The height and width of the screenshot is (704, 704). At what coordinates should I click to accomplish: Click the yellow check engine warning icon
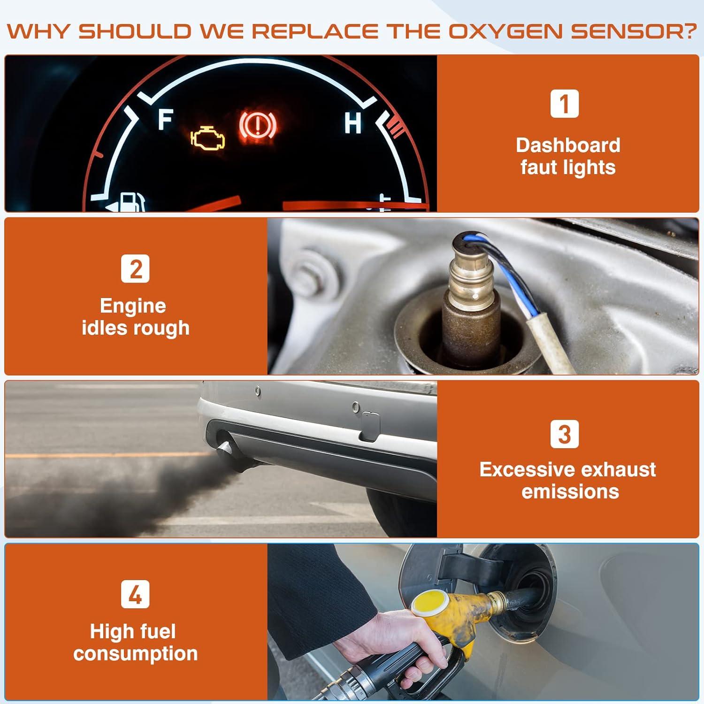click(207, 139)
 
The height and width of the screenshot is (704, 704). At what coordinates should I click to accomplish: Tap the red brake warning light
click(258, 125)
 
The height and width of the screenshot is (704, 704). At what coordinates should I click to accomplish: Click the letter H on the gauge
click(352, 123)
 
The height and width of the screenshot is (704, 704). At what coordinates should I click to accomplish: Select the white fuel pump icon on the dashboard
click(131, 202)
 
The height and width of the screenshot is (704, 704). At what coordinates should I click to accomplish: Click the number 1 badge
click(564, 104)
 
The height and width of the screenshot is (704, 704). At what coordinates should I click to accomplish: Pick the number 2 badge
click(135, 268)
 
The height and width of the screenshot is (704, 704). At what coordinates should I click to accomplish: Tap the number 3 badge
click(564, 434)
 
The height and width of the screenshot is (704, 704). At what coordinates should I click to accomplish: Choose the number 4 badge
click(135, 594)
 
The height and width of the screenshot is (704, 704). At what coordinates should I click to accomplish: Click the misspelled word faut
click(539, 168)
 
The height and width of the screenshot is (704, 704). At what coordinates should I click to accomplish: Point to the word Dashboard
click(568, 145)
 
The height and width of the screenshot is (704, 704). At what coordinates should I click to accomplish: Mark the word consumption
click(135, 654)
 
